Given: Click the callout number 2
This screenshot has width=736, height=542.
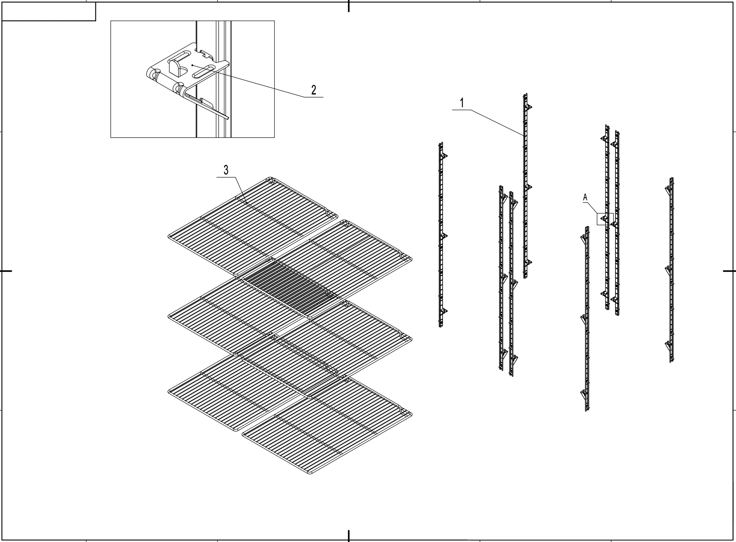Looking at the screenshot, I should tap(314, 90).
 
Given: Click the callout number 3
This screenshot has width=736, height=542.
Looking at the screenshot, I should tap(226, 170).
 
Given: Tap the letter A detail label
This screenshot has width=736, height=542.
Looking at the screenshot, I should tap(585, 197).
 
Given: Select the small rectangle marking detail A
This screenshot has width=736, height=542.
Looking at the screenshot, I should tap(605, 219).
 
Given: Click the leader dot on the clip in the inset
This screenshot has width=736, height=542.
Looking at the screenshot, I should tap(193, 65).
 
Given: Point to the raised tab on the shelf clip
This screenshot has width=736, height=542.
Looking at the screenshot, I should tap(174, 67).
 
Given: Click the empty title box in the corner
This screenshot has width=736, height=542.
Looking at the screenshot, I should tap(48, 11).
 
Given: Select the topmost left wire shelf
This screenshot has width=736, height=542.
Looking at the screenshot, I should tap(253, 226).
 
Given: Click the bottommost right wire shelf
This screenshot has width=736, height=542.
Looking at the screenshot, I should tap(327, 426).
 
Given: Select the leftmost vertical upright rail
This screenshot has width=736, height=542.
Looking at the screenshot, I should tap(441, 235).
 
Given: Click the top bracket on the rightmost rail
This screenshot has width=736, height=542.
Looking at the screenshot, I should tap(668, 189).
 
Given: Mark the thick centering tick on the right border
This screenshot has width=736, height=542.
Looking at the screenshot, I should tap(729, 271).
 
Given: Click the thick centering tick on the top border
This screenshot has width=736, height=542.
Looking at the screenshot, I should tap(348, 6).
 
